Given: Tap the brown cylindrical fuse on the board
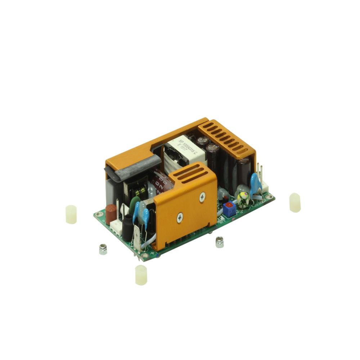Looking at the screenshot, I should click(x=111, y=213).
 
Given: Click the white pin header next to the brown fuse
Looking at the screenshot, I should click(x=116, y=228).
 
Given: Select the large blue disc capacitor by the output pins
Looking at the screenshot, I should click(x=256, y=182).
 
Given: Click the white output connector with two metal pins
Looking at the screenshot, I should click(x=264, y=184).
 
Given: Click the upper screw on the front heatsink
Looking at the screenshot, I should click(x=202, y=197).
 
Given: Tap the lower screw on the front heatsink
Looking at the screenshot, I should click(x=180, y=217).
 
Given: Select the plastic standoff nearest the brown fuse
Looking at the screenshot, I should click(x=71, y=214).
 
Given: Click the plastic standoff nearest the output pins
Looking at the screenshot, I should click(x=295, y=202).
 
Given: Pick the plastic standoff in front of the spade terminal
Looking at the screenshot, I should click(x=141, y=275).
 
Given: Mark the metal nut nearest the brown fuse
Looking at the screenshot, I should click(x=103, y=249).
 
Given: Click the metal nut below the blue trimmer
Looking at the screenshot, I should click(x=220, y=242).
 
